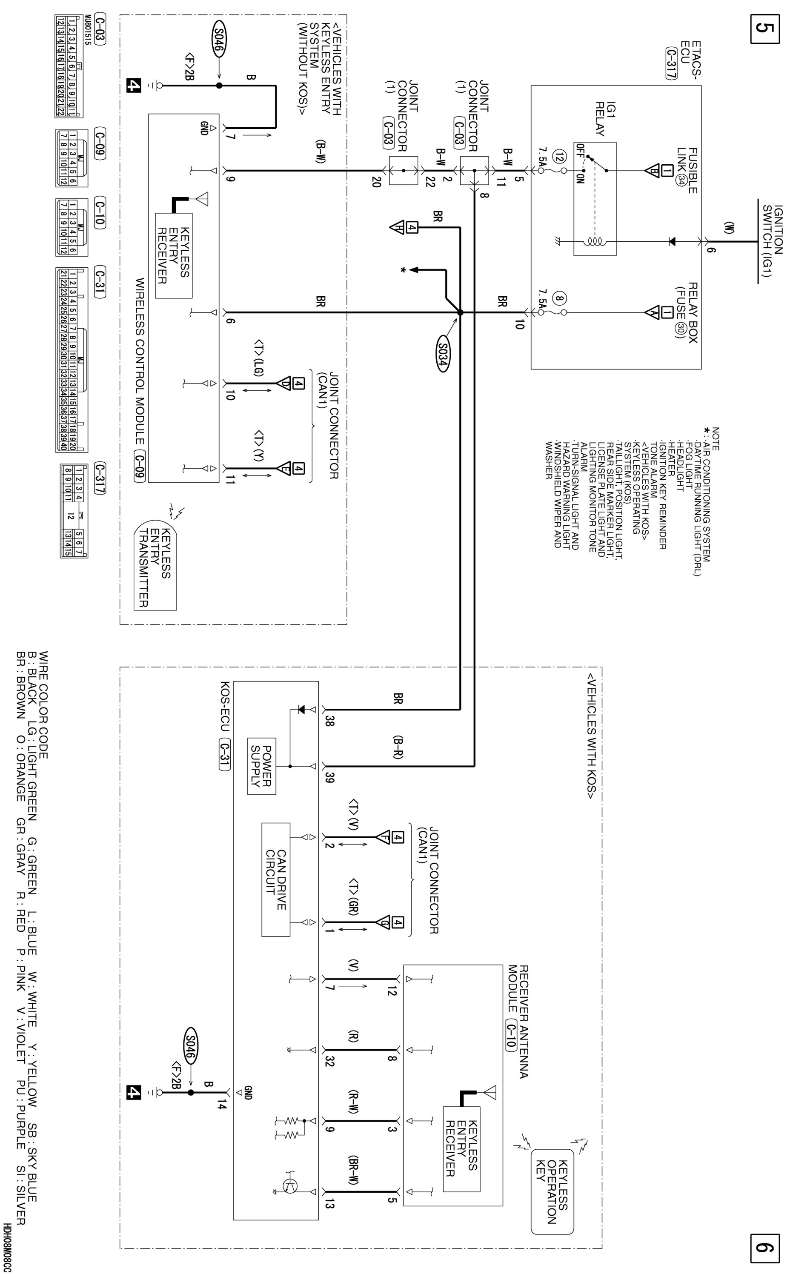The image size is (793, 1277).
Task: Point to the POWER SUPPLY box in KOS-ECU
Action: coord(261,766)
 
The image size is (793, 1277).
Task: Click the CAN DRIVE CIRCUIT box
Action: coord(276,879)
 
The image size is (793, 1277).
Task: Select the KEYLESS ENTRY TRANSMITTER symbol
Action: coord(155,565)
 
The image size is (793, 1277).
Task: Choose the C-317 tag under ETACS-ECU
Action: coord(670,63)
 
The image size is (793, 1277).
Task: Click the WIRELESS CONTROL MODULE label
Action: coord(140,362)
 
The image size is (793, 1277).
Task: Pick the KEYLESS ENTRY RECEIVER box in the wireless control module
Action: coord(174,255)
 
